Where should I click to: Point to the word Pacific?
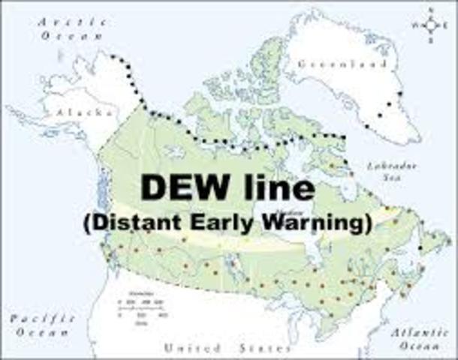click(x=44, y=318)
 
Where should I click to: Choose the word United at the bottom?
click(x=193, y=348)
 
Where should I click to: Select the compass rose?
click(x=430, y=25)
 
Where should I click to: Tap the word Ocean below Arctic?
click(x=65, y=34)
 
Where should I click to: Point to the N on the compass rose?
click(x=430, y=10)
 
